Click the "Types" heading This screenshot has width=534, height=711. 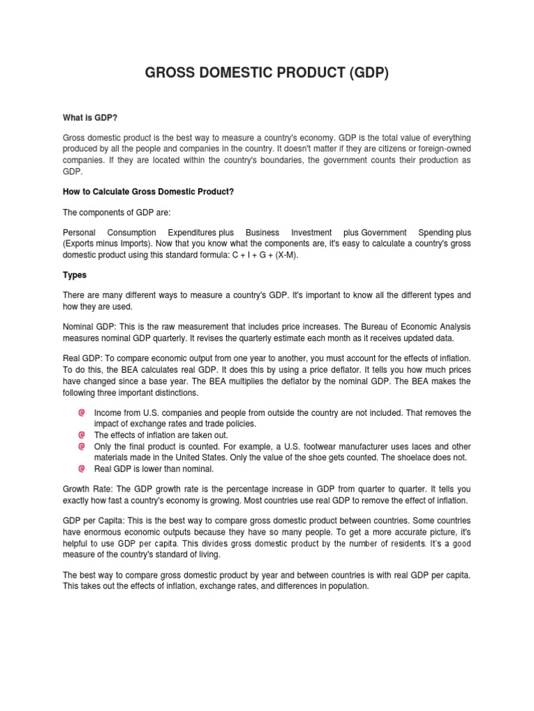pyautogui.click(x=74, y=275)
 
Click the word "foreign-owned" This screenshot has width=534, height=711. pyautogui.click(x=442, y=149)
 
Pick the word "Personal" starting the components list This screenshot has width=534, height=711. pyautogui.click(x=79, y=233)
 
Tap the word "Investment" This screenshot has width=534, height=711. pyautogui.click(x=311, y=233)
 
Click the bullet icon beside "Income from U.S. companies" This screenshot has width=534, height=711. pyautogui.click(x=81, y=412)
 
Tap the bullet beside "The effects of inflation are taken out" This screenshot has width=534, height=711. pyautogui.click(x=81, y=435)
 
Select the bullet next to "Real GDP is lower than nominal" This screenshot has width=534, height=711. pyautogui.click(x=81, y=469)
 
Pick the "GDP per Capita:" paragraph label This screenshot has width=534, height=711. pyautogui.click(x=93, y=521)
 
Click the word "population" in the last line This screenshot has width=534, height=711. pyautogui.click(x=344, y=586)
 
